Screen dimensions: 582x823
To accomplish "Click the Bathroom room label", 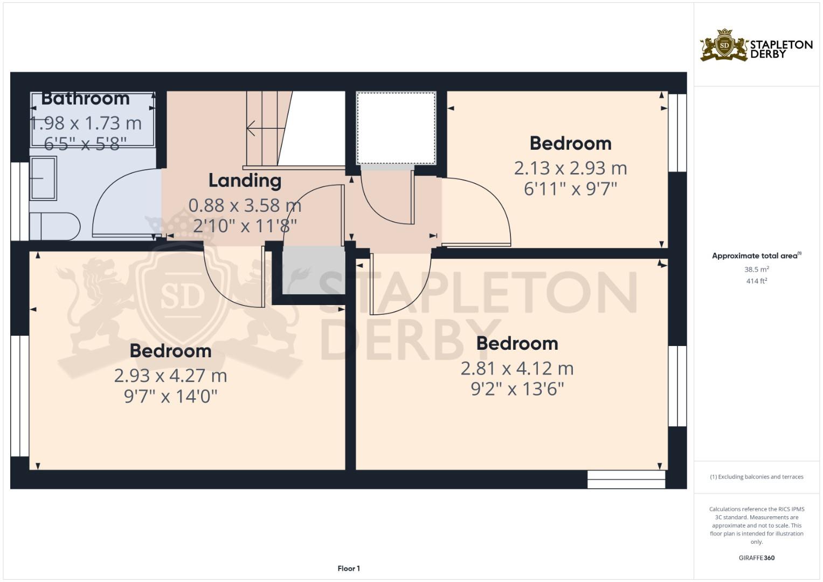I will (85, 99).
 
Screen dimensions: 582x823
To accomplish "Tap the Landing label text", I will (245, 181).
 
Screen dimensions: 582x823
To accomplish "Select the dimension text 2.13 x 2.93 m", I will (570, 168).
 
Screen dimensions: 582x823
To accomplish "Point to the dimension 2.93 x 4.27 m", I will (170, 376).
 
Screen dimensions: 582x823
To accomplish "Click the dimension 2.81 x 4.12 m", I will (517, 369).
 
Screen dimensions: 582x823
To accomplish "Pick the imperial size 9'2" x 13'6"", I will (517, 389).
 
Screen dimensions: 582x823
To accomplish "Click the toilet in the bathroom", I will (54, 226).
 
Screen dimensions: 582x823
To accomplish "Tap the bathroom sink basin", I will (43, 178).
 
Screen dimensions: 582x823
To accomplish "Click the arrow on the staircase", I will (264, 128).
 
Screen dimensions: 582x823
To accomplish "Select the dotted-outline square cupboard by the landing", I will (396, 128).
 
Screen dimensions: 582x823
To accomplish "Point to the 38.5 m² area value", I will (756, 269).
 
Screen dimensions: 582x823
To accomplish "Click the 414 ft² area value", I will (756, 281).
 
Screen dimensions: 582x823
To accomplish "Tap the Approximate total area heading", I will (756, 256).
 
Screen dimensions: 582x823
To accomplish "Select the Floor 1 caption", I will (349, 569).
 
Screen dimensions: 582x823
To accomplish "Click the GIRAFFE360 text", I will (756, 558).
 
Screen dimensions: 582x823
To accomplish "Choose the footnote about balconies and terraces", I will (756, 477).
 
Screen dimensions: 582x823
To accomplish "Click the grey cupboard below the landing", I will (314, 271).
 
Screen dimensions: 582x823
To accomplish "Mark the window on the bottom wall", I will (626, 480).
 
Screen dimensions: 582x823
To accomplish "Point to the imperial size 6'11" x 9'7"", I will (570, 189).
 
